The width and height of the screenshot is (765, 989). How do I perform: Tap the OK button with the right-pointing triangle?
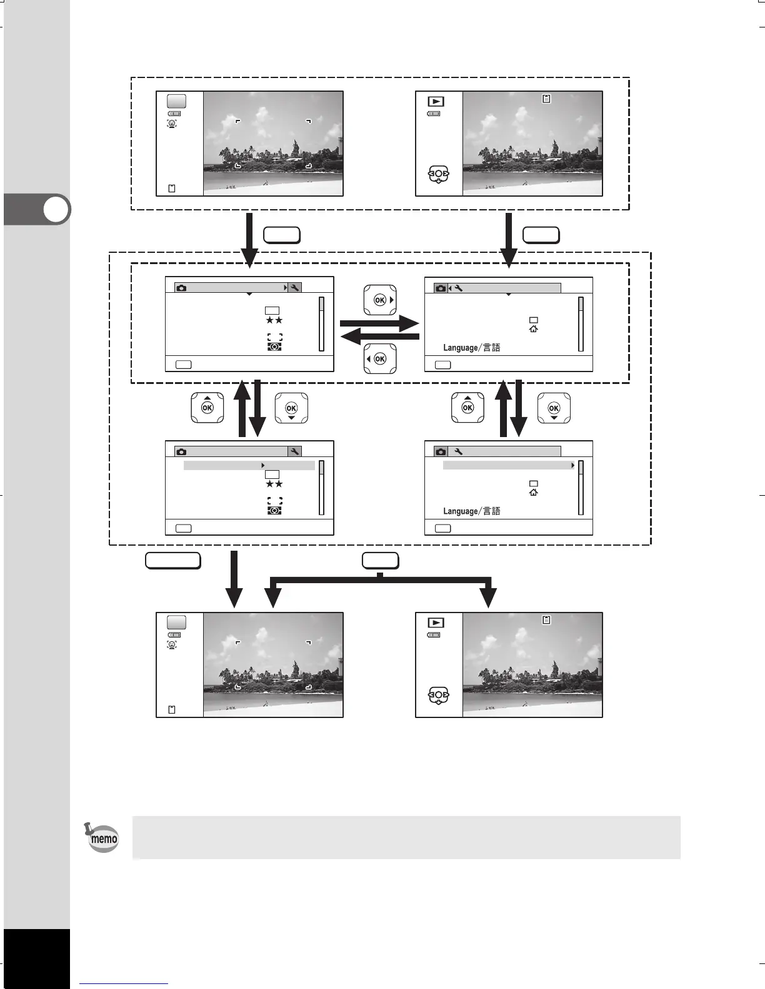[380, 300]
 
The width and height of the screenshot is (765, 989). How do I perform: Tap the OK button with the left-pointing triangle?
[379, 359]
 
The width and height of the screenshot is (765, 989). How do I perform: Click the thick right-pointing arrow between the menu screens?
[379, 323]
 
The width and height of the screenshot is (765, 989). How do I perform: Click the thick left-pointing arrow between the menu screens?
[379, 337]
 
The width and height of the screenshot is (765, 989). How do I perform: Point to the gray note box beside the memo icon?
[406, 837]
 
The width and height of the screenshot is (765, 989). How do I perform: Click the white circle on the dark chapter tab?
[57, 210]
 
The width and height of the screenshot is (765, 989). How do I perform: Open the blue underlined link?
[124, 983]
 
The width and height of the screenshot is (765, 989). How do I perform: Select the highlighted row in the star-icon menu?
[249, 466]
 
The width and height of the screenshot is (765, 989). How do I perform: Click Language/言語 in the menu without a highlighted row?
[472, 348]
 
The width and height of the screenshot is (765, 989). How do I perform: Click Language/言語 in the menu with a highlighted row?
[472, 511]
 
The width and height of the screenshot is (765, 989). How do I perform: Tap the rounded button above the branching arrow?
[380, 561]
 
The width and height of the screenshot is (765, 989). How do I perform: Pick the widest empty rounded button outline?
[172, 561]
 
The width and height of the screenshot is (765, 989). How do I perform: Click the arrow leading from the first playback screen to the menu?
[509, 240]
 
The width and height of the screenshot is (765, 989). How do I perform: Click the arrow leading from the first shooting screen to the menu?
[249, 240]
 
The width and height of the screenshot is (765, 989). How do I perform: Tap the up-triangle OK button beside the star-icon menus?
[207, 408]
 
